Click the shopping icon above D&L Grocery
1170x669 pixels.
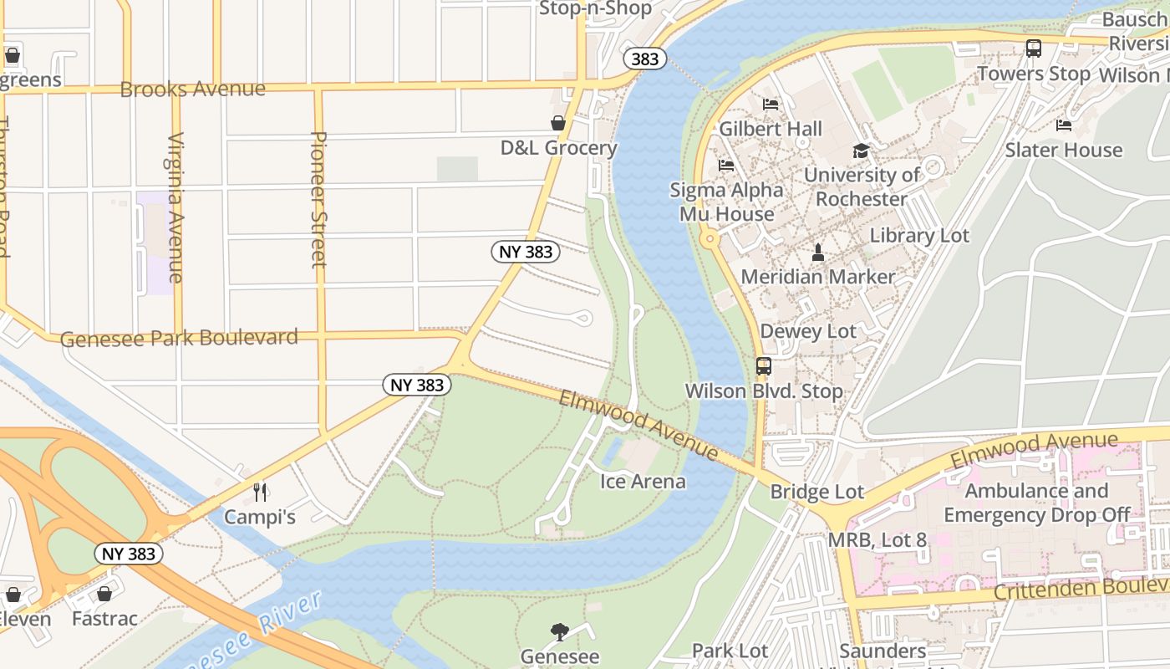pyautogui.click(x=558, y=124)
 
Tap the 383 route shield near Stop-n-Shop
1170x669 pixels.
pyautogui.click(x=644, y=59)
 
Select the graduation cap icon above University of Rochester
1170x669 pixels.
pyautogui.click(x=861, y=151)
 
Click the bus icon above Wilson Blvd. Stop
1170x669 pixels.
pyautogui.click(x=763, y=365)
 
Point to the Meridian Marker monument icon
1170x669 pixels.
pyautogui.click(x=818, y=252)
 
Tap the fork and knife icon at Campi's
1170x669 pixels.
pyautogui.click(x=260, y=492)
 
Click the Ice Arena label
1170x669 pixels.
pyautogui.click(x=643, y=482)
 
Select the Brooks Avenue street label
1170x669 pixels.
pyautogui.click(x=192, y=89)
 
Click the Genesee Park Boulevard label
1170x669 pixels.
pyautogui.click(x=179, y=338)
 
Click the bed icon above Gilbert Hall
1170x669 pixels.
pyautogui.click(x=771, y=105)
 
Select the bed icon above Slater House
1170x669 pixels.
pyautogui.click(x=1063, y=125)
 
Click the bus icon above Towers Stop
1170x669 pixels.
pyautogui.click(x=1034, y=49)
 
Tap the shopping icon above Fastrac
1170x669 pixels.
pyautogui.click(x=104, y=595)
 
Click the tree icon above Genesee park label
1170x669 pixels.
pyautogui.click(x=560, y=632)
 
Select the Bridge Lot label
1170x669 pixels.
pyautogui.click(x=816, y=492)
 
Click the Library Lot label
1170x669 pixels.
pyautogui.click(x=919, y=236)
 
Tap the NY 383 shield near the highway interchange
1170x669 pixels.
pyautogui.click(x=128, y=554)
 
